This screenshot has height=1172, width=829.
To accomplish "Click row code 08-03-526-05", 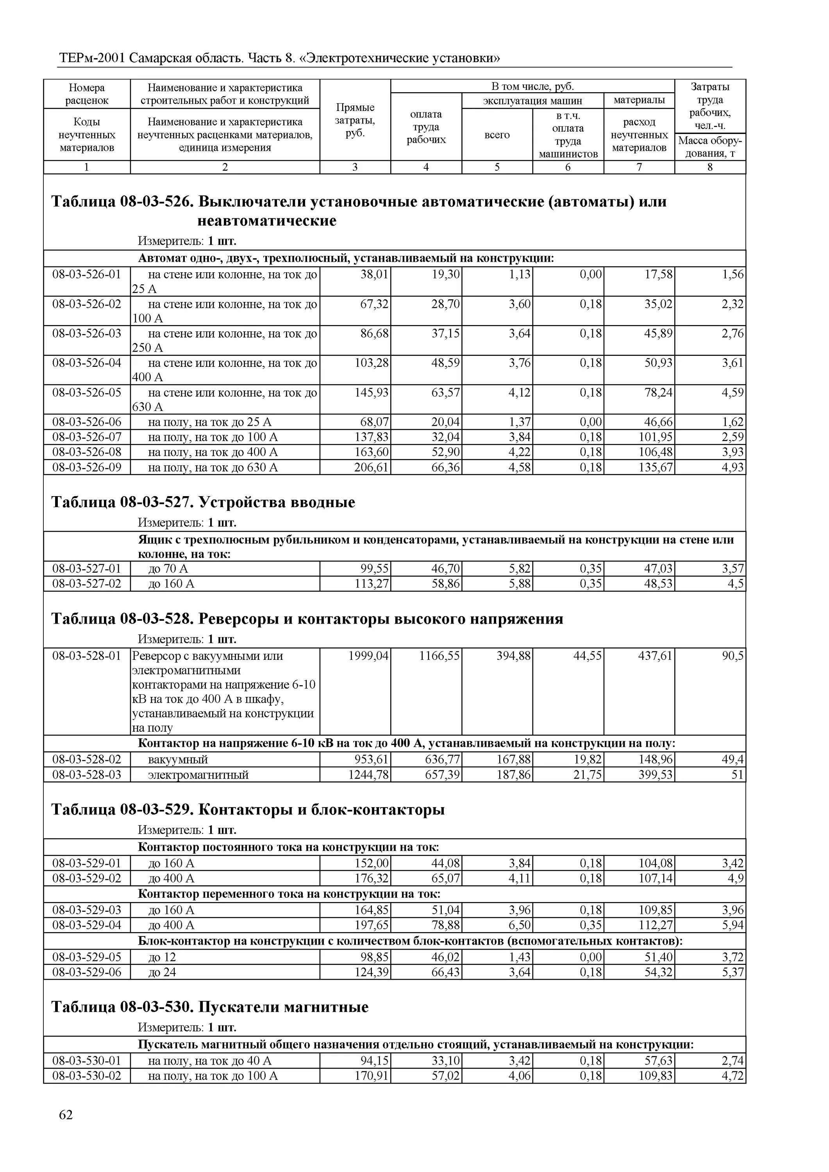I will [x=87, y=393].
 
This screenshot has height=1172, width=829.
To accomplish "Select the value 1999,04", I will [x=368, y=656].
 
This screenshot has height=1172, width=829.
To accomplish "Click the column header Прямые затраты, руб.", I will [x=355, y=120].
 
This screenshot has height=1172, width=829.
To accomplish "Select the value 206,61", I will [x=371, y=468].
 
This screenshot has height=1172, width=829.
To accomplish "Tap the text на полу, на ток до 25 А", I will [x=209, y=422].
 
